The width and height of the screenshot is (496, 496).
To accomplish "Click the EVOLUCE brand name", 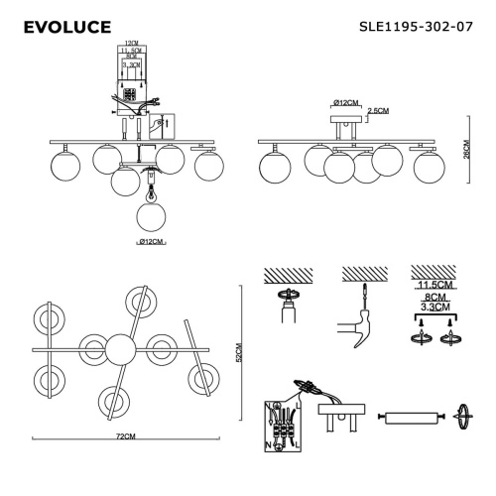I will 65,23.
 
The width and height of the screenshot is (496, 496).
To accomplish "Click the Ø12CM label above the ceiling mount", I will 343,103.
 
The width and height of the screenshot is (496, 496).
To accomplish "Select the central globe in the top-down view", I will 122,348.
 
